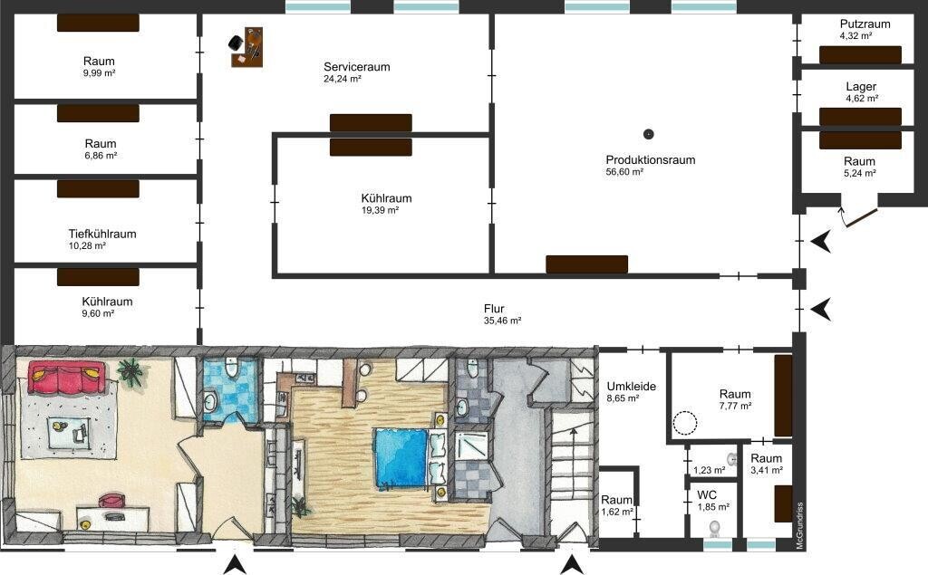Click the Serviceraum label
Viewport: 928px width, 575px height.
pyautogui.click(x=357, y=67)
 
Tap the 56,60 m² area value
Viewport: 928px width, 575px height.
pyautogui.click(x=624, y=172)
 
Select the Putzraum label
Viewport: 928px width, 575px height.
pyautogui.click(x=865, y=24)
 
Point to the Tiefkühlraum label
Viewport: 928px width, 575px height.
pyautogui.click(x=102, y=234)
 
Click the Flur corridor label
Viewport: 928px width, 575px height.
pyautogui.click(x=494, y=309)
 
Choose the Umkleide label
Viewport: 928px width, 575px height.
pyautogui.click(x=631, y=387)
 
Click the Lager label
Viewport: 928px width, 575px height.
pyautogui.click(x=861, y=87)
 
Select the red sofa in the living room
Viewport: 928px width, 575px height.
pyautogui.click(x=66, y=378)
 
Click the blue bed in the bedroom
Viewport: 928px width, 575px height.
pyautogui.click(x=400, y=458)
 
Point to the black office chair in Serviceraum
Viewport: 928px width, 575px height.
pyautogui.click(x=236, y=43)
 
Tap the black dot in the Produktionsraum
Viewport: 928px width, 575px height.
pyautogui.click(x=649, y=134)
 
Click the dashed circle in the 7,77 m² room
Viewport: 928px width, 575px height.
pyautogui.click(x=685, y=422)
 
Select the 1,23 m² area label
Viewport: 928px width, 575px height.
pyautogui.click(x=709, y=470)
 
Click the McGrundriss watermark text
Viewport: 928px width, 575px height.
pyautogui.click(x=799, y=526)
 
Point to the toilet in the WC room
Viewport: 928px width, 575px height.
pyautogui.click(x=715, y=526)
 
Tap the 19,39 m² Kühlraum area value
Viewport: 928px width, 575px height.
pyautogui.click(x=380, y=211)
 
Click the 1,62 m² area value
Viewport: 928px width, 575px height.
pyautogui.click(x=617, y=512)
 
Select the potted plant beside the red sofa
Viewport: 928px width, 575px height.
pyautogui.click(x=130, y=372)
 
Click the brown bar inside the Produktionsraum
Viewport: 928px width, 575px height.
pyautogui.click(x=586, y=264)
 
